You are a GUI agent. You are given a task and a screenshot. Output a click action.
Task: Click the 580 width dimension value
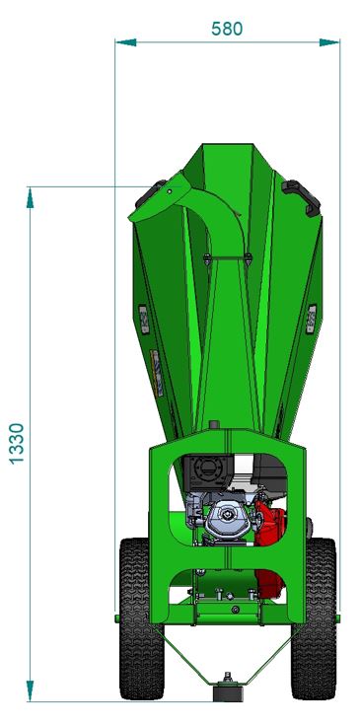click(x=227, y=29)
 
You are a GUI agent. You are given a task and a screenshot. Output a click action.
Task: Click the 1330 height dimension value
click(x=17, y=443)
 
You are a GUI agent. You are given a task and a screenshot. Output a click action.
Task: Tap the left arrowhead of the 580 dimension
click(x=126, y=42)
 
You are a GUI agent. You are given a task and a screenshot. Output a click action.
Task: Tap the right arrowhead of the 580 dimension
click(x=329, y=42)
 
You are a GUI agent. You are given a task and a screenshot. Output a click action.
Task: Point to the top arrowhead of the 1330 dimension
click(x=30, y=198)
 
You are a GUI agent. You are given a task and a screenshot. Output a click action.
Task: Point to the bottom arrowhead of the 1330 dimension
click(x=30, y=690)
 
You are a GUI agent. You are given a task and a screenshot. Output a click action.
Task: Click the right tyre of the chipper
click(x=315, y=618)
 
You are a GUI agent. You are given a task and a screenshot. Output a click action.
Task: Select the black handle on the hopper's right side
click(x=301, y=197)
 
